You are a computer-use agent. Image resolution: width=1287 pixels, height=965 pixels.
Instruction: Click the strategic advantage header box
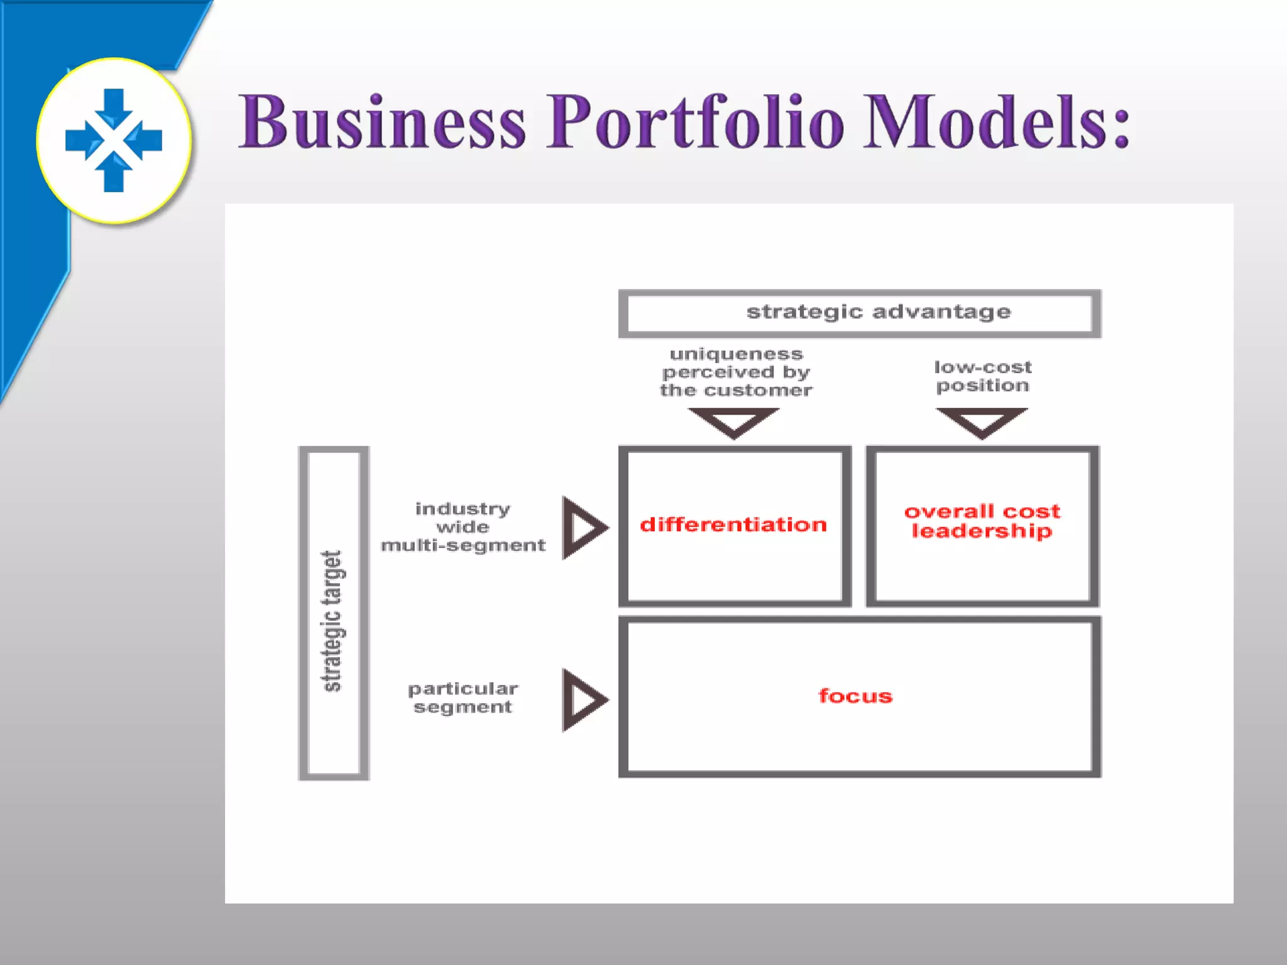pyautogui.click(x=860, y=313)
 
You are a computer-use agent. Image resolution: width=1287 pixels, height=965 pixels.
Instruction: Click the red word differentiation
pyautogui.click(x=733, y=525)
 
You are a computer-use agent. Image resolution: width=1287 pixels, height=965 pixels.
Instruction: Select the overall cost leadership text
pyautogui.click(x=982, y=521)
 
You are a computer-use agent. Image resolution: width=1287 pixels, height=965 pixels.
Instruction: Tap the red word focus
pyautogui.click(x=855, y=696)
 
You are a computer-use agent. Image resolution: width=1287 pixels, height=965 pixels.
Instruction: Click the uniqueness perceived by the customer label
pyautogui.click(x=735, y=372)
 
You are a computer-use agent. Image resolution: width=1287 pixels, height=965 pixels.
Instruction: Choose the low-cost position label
pyautogui.click(x=982, y=376)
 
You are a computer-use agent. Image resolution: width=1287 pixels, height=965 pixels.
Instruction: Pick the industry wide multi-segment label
pyautogui.click(x=463, y=526)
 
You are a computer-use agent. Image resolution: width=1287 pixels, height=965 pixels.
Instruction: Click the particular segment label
pyautogui.click(x=463, y=697)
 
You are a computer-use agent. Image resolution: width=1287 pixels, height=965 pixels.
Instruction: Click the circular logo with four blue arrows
pyautogui.click(x=114, y=140)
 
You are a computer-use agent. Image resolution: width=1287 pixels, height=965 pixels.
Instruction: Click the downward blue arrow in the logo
pyautogui.click(x=114, y=107)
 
